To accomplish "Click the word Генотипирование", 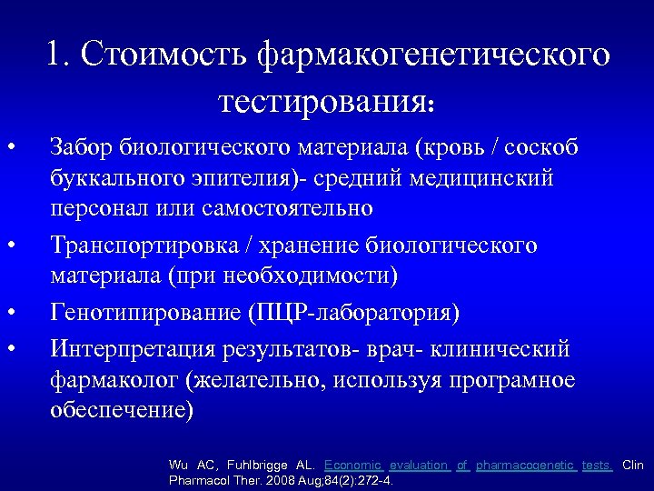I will pos(144,313).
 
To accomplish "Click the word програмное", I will pos(504,379).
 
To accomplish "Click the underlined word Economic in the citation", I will pos(352,465).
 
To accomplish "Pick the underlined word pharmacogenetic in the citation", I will pos(526,465).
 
